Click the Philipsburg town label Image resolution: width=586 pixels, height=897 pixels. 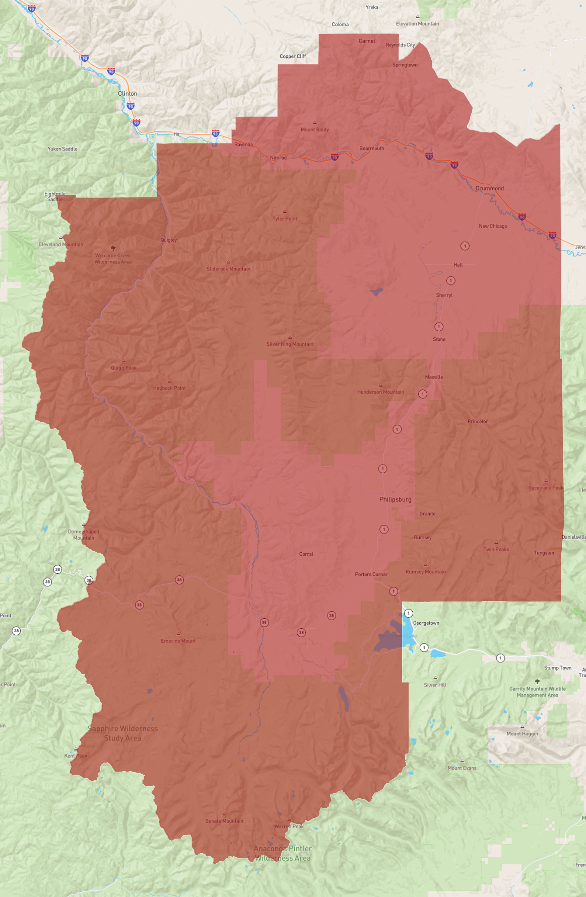tap(395, 499)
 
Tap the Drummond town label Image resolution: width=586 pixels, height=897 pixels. tap(489, 188)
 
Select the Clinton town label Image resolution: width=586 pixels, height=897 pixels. tap(127, 94)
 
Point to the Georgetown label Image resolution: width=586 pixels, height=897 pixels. tap(426, 623)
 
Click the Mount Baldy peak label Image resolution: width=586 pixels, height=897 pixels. tap(314, 129)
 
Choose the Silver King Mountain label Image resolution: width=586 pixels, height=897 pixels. tap(290, 344)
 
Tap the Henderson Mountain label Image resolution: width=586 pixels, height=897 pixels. tap(380, 392)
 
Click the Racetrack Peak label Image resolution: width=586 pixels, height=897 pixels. tap(546, 488)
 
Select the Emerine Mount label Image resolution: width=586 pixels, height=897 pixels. tap(178, 641)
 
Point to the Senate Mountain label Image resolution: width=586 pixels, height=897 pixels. tap(224, 821)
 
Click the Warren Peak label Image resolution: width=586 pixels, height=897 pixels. tap(289, 826)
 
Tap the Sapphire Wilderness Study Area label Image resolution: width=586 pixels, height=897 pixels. tap(122, 733)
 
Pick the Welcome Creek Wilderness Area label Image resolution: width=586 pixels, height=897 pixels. tap(113, 259)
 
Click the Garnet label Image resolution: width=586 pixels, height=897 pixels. tap(367, 41)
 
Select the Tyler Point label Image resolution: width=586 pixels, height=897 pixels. tap(285, 219)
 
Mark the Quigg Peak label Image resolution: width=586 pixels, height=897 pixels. tap(123, 368)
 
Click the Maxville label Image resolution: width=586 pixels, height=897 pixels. tap(434, 377)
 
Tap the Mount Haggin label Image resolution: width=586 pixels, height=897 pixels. tap(522, 733)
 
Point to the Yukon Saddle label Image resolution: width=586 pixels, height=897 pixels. tap(62, 149)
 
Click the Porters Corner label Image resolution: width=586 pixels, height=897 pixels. tap(371, 574)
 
